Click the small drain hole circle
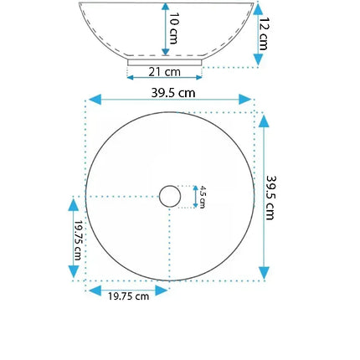point(170,197)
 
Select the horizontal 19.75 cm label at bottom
point(130,296)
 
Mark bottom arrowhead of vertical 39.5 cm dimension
point(264,273)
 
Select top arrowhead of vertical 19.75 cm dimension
point(74,204)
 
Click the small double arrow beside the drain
point(195,197)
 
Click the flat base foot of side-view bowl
point(165,61)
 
